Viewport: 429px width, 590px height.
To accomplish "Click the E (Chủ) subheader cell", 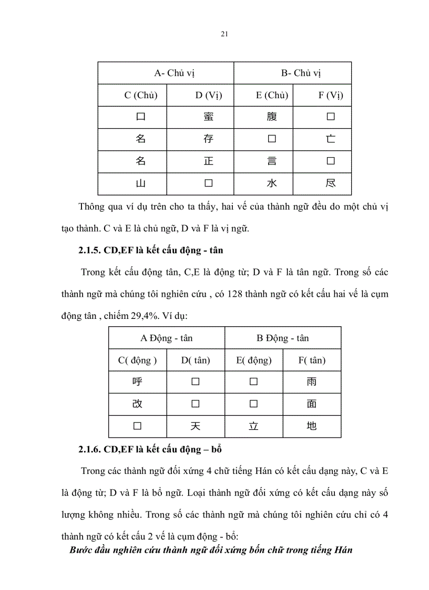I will [x=272, y=95].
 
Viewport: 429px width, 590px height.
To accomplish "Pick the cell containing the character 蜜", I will [x=208, y=117].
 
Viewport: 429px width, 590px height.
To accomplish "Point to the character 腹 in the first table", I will [x=272, y=117].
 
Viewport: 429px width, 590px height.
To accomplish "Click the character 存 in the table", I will [x=208, y=140].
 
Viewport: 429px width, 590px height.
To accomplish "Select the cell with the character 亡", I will [x=331, y=140].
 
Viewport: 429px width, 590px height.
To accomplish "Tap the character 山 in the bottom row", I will [x=140, y=183].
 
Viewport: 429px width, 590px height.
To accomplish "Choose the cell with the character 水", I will [x=272, y=183].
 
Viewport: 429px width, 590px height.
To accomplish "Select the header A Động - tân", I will [x=167, y=338].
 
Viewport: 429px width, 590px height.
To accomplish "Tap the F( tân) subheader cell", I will [x=311, y=360].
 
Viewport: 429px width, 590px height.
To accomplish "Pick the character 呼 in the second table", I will [x=137, y=382].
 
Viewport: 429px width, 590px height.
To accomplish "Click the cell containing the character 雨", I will [x=311, y=382].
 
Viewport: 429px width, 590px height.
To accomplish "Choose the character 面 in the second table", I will [x=311, y=404].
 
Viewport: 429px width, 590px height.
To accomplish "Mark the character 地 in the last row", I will [x=311, y=426].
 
